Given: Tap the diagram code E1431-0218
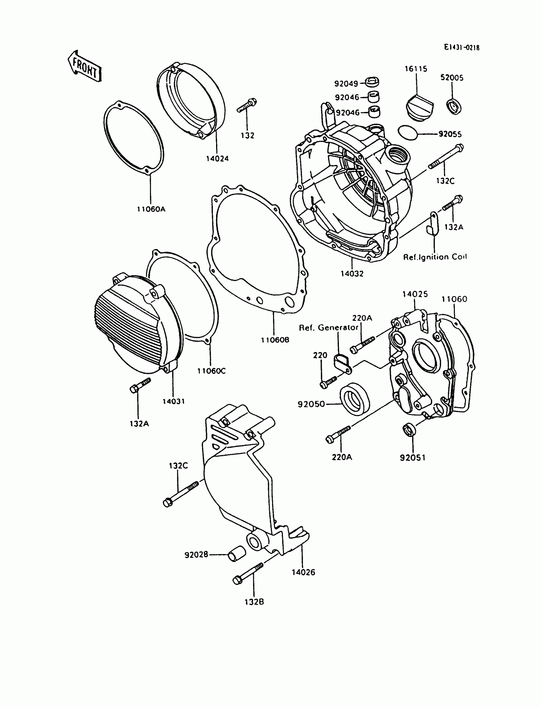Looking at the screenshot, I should (461, 47).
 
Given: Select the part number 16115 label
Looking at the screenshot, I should (416, 69).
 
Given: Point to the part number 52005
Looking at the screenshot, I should (452, 78).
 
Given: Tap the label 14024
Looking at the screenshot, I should (217, 158).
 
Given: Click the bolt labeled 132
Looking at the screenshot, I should (247, 105).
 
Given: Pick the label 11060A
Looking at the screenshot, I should (151, 209).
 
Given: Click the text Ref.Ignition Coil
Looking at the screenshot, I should (435, 257).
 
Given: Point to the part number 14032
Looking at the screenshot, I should (352, 274).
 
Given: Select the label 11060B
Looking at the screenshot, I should (275, 340).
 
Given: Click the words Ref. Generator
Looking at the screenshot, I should (328, 328).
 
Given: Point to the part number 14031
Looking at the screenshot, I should (173, 401).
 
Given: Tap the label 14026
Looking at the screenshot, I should (303, 572).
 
